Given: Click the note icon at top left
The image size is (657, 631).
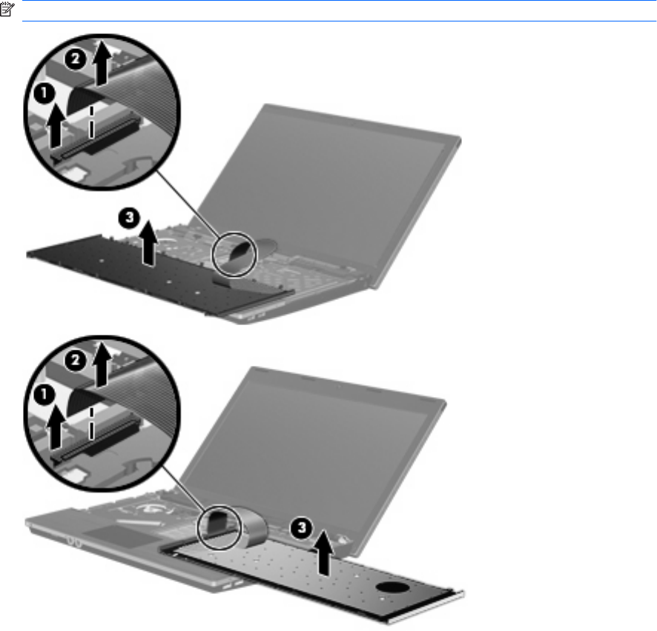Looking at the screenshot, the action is tap(7, 10).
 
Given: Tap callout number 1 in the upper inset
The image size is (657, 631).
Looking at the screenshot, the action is tap(44, 93).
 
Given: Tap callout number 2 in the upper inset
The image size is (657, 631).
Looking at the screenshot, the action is tap(75, 59).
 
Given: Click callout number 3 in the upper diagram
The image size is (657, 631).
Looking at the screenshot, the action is tap(129, 218).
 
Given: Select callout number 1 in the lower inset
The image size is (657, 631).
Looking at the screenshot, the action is tap(44, 395).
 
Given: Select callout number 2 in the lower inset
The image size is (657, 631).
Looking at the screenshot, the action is tap(75, 361).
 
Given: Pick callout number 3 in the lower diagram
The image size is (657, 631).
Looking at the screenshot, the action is tap(302, 528).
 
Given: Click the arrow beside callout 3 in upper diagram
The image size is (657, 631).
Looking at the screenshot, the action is tap(148, 244).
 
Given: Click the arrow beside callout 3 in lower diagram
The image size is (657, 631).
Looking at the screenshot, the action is tap(323, 552).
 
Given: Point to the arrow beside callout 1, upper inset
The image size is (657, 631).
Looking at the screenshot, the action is tap(56, 127).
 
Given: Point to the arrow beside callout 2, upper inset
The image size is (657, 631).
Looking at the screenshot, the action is tap(102, 64).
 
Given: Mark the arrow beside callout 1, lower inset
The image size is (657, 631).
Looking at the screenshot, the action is tap(56, 428).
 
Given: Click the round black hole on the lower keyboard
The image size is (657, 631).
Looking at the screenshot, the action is tap(392, 587).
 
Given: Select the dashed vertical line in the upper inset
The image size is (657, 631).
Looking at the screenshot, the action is tap(92, 121).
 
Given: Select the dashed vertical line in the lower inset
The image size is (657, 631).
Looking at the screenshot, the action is tap(92, 424).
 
